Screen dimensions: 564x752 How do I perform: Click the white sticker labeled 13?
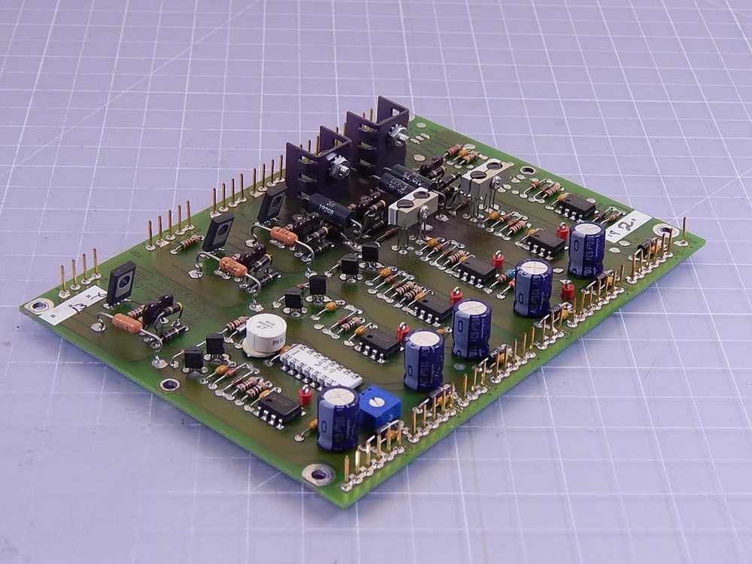[x=72, y=303]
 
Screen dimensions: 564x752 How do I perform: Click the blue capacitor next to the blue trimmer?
[x=338, y=418]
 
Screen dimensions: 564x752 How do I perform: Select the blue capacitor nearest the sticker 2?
[x=587, y=249]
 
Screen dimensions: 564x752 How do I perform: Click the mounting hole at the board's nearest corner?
[x=318, y=474]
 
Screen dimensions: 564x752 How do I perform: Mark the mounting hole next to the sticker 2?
[x=663, y=230]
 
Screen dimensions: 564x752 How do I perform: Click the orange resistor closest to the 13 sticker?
[x=126, y=323]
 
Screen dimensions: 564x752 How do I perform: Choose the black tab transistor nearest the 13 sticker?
[x=121, y=283]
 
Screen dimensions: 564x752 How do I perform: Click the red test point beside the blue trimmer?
[x=305, y=396]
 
